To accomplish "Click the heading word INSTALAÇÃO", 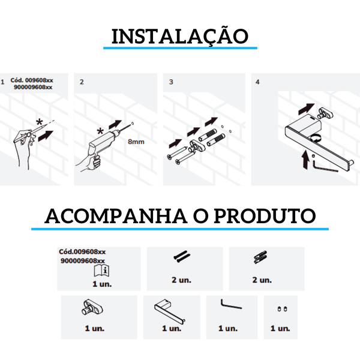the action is [180, 36].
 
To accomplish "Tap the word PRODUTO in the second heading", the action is [265, 216].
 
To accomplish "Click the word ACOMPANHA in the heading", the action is [116, 216].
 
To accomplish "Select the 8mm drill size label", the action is [136, 142].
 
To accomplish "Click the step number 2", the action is [82, 82].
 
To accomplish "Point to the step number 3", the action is [171, 82].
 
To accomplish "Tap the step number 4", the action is [257, 82].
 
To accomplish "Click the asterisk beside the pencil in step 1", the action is [40, 122].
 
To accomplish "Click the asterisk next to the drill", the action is [100, 131].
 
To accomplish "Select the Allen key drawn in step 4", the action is [325, 166].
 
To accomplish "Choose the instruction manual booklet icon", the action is [102, 271].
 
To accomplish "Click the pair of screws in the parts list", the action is [182, 257].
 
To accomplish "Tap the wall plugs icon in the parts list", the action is [260, 257].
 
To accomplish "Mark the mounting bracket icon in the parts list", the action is [92, 308].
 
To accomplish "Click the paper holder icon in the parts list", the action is [170, 311].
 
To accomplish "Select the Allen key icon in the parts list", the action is [231, 304].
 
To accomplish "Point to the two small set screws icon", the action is [282, 309].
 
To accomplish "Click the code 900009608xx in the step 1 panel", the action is [33, 87].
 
